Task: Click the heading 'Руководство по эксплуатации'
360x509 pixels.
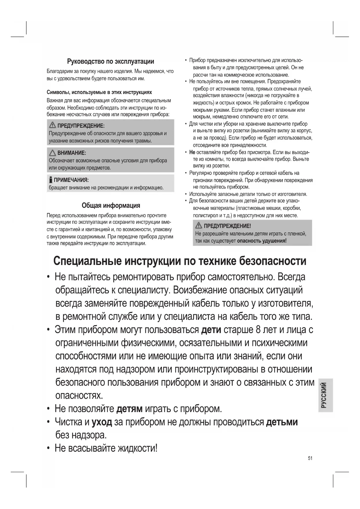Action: click(x=111, y=61)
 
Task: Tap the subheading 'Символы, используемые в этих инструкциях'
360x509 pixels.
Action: click(x=99, y=92)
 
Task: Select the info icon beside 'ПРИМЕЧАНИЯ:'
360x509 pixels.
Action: click(x=51, y=180)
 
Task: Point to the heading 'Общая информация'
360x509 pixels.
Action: click(x=111, y=205)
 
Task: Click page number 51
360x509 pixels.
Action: click(x=310, y=458)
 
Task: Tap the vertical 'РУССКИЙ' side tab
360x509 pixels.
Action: click(x=324, y=395)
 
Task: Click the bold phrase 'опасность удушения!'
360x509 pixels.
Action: click(x=262, y=241)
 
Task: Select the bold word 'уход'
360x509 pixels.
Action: click(x=102, y=422)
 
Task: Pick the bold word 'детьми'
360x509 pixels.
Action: click(x=282, y=422)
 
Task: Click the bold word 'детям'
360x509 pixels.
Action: click(x=129, y=409)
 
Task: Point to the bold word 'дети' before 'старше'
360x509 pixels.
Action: click(x=211, y=330)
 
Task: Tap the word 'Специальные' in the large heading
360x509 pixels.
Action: click(x=87, y=261)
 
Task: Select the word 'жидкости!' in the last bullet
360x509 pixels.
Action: click(x=137, y=448)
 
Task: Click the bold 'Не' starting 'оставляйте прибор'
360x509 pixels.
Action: click(x=192, y=152)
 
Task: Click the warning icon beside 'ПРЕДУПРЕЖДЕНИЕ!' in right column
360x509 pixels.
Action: click(x=198, y=225)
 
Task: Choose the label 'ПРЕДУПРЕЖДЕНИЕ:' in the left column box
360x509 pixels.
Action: click(x=81, y=126)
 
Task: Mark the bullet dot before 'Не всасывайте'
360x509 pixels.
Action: click(x=48, y=448)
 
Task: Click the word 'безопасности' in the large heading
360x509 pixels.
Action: click(x=272, y=261)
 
